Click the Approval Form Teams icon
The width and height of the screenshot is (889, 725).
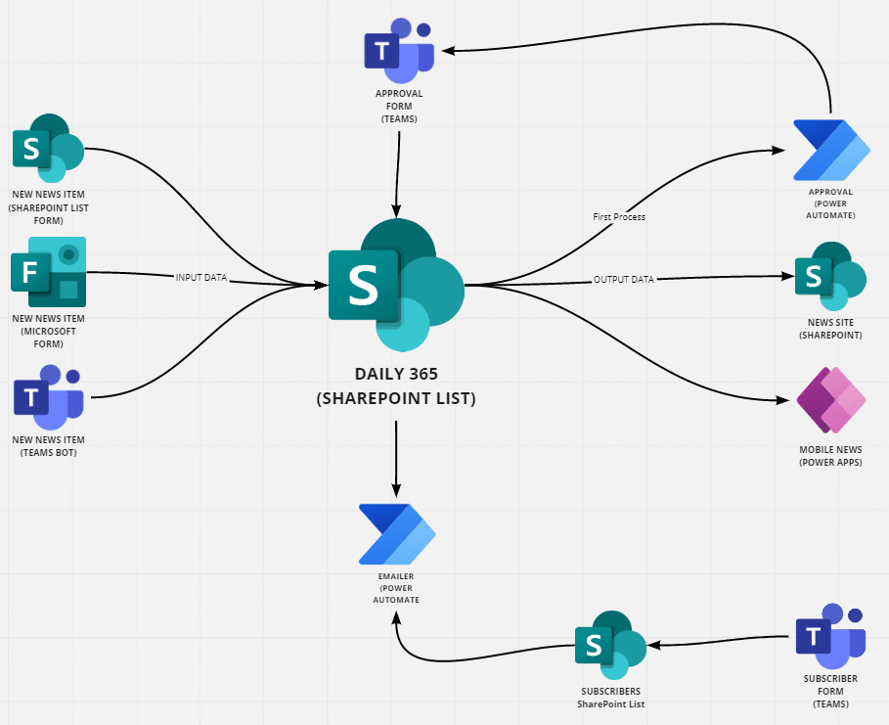coord(399,51)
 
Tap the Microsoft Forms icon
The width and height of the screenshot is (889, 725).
coord(49,272)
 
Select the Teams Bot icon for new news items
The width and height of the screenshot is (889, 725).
coord(49,397)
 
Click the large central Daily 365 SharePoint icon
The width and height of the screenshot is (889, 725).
coord(396,285)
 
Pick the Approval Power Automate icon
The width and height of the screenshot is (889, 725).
coord(831,150)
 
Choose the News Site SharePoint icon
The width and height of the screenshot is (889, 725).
coord(830,276)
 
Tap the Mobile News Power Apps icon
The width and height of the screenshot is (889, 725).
coord(831,400)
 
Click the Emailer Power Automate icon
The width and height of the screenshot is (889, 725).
coord(397,534)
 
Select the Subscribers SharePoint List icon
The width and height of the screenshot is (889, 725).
coord(610,645)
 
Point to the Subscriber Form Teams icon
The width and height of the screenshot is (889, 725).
coord(830,636)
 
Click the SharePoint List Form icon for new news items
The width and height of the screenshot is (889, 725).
coord(49,148)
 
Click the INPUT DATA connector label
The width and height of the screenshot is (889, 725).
coord(201,278)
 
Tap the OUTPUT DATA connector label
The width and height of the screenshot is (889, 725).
coord(624,279)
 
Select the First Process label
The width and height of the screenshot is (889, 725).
coord(619,216)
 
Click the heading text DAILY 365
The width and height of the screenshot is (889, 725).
coord(396,374)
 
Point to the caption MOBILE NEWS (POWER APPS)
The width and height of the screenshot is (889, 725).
coord(830,456)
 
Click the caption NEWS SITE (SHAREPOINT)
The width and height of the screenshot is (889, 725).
coord(830,329)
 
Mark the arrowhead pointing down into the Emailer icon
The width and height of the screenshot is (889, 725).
coord(396,490)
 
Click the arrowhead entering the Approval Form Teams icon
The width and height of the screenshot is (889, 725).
coord(449,51)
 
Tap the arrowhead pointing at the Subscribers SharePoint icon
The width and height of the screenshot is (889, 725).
coord(653,645)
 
